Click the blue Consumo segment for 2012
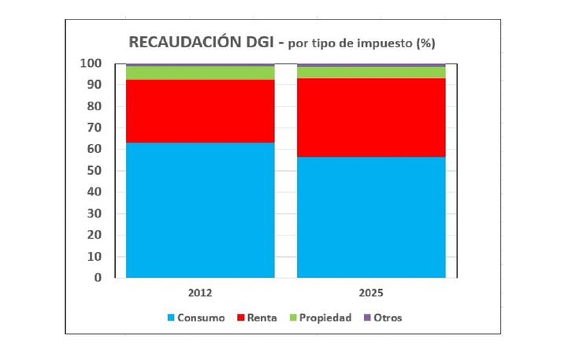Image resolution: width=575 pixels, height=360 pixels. coord(200,210)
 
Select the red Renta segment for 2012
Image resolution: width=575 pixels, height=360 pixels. coord(200,111)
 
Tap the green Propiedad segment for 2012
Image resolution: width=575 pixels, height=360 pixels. coord(200,72)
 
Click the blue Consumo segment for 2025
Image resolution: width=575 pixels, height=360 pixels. coord(371,217)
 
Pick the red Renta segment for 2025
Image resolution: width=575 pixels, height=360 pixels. coord(371,117)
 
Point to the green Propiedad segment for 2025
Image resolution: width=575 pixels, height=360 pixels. coord(371,72)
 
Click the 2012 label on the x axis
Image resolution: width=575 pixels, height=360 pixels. coord(200,292)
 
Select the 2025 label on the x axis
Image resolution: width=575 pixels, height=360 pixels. coord(371,292)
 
